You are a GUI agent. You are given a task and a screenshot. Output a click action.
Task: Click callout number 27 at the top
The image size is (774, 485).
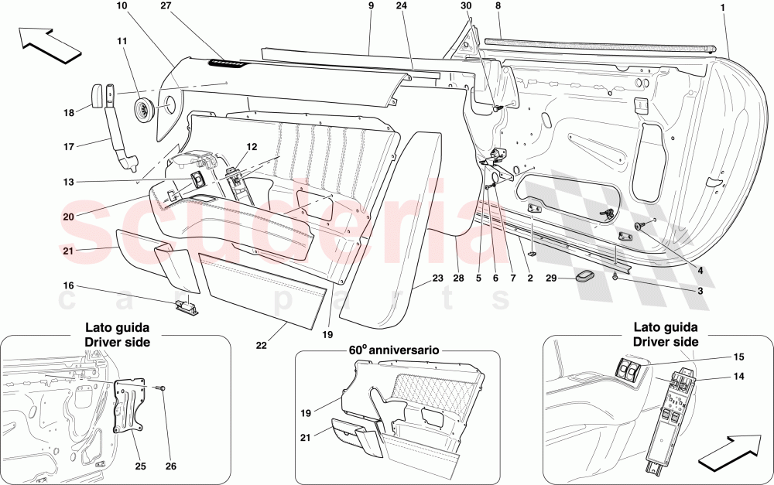coord(186,6)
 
